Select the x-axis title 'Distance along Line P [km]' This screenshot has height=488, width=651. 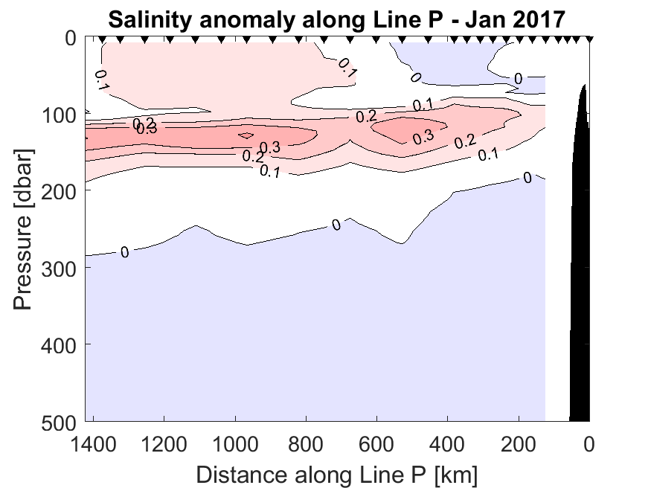337,473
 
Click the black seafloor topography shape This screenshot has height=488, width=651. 580,298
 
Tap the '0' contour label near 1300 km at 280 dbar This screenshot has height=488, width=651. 124,253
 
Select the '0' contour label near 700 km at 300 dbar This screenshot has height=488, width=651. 336,225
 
